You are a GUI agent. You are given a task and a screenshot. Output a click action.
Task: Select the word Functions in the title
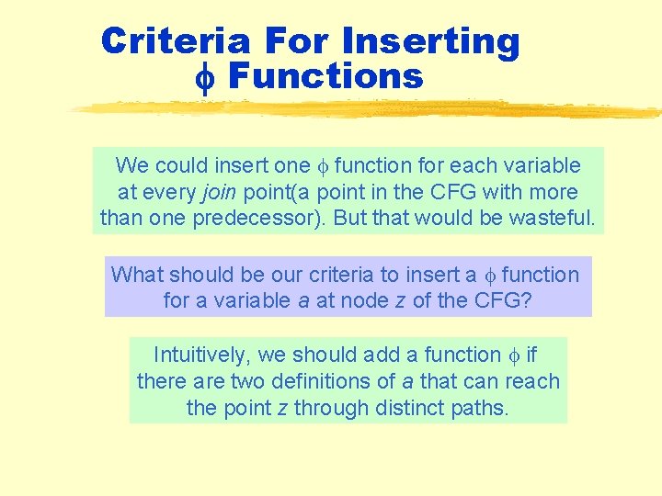pos(325,76)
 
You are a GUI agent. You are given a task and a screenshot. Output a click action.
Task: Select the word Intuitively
pos(200,355)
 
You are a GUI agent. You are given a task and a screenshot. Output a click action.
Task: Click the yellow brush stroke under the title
pos(368,108)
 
